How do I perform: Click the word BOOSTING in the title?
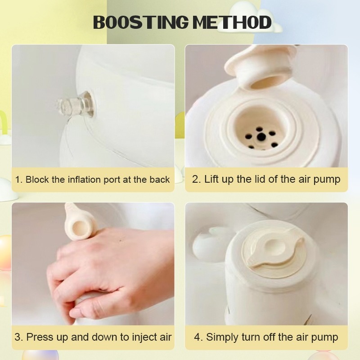tap(141, 22)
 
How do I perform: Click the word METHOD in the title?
tap(232, 22)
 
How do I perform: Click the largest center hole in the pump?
tap(261, 137)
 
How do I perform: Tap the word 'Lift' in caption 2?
tap(211, 179)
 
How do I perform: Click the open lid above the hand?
tap(78, 222)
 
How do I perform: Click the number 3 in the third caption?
tap(18, 337)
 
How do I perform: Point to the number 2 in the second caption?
tap(195, 179)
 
